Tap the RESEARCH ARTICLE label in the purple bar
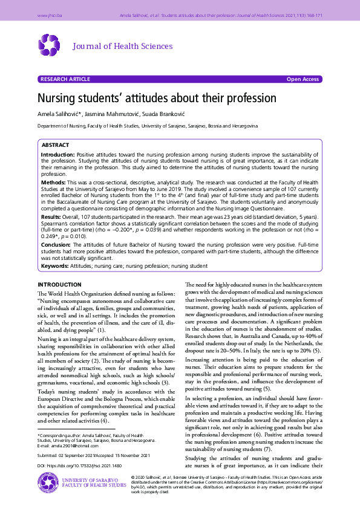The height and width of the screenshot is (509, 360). click(64, 79)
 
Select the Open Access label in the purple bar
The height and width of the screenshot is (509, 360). click(303, 79)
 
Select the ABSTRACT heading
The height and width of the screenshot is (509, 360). click(55, 146)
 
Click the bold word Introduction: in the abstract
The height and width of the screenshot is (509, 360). click(58, 155)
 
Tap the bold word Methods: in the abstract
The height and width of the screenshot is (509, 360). click(53, 182)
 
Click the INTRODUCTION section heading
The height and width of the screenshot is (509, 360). click(59, 284)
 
